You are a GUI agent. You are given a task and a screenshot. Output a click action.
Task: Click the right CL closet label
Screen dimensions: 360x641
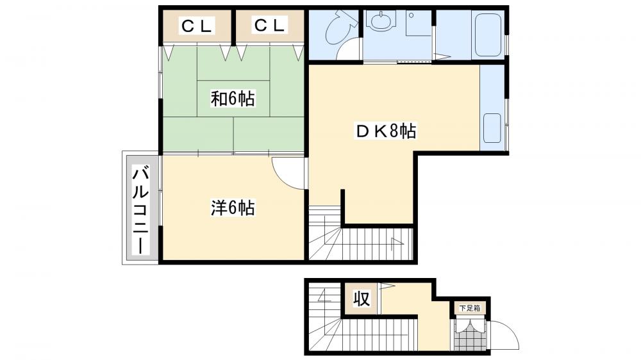point(269,26)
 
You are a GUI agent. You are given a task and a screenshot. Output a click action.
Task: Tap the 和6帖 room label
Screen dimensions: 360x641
point(233,99)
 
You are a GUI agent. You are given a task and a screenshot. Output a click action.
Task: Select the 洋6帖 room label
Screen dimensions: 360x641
point(233,208)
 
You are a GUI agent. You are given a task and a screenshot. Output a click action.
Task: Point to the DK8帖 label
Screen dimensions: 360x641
point(386,132)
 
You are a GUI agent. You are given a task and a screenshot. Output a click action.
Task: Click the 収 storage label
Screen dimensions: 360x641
point(362,299)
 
